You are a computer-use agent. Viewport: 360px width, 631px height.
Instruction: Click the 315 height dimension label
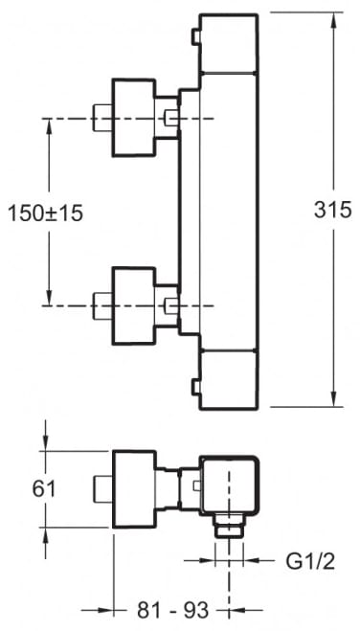tap(332, 210)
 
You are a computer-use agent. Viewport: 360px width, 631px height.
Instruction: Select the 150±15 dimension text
tap(45, 213)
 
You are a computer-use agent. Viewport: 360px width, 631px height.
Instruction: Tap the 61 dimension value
tap(44, 489)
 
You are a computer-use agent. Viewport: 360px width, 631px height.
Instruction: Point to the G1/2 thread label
tap(310, 561)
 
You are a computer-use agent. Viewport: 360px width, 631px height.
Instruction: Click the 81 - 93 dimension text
tap(173, 611)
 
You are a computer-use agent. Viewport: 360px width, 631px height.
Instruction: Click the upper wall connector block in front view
tap(133, 118)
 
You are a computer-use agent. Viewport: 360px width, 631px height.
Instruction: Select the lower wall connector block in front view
tap(133, 305)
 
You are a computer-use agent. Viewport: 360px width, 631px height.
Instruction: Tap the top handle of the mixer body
tap(229, 43)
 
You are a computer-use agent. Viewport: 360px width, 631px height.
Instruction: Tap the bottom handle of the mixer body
tap(229, 380)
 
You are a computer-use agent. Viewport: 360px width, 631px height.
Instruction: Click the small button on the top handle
tap(195, 36)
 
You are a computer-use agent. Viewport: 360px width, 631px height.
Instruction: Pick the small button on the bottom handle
tap(195, 387)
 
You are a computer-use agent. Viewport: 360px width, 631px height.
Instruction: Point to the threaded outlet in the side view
tap(229, 526)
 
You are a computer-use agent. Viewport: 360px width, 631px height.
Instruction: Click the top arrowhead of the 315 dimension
tap(333, 21)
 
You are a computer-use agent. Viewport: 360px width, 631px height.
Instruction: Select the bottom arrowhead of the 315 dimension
tap(333, 398)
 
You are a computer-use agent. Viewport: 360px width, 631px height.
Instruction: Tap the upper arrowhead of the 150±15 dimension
tap(49, 126)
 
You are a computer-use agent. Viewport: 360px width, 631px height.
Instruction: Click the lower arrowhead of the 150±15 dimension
tap(49, 298)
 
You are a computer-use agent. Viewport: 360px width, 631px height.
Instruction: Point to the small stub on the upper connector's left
tap(102, 118)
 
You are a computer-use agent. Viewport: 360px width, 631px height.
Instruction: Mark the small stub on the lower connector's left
tap(102, 305)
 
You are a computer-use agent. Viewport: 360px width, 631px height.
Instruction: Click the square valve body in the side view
tap(229, 485)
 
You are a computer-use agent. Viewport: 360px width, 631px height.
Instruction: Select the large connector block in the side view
tap(133, 489)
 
